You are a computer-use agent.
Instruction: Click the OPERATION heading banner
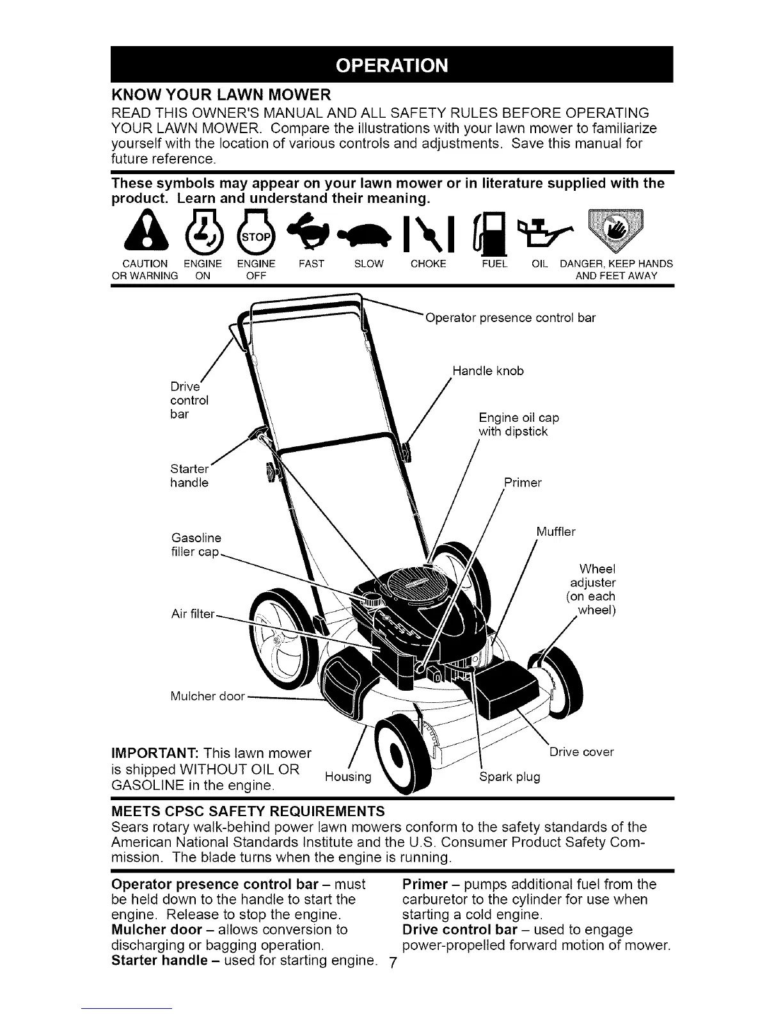[x=391, y=65]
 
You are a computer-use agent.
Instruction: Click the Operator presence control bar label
[x=510, y=318]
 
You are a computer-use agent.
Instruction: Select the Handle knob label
[x=488, y=371]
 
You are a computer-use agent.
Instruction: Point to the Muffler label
[x=555, y=532]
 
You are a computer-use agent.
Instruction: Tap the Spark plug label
[x=509, y=777]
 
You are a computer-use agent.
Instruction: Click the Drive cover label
[x=581, y=752]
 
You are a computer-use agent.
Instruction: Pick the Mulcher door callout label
[x=208, y=696]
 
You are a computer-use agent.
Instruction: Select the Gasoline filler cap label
[x=196, y=545]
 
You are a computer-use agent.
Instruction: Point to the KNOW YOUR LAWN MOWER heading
[x=221, y=96]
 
